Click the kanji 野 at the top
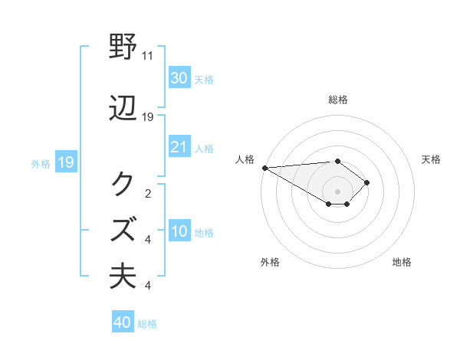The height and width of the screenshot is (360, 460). click(x=125, y=47)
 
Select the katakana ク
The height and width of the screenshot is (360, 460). click(x=125, y=184)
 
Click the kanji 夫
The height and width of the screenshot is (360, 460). click(x=125, y=274)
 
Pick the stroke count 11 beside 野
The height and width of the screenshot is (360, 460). click(x=148, y=56)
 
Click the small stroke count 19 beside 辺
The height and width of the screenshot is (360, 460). click(x=148, y=117)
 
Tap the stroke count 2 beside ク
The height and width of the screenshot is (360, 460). click(x=148, y=193)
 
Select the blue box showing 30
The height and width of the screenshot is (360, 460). click(x=179, y=78)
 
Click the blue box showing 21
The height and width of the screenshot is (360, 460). click(x=179, y=147)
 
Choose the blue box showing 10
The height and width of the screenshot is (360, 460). click(x=179, y=231)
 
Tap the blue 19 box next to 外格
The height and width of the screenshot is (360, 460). click(x=65, y=162)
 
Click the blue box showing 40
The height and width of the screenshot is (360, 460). click(x=122, y=322)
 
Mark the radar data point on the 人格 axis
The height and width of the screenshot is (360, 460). click(x=264, y=168)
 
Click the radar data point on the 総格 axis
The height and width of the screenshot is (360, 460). click(x=337, y=161)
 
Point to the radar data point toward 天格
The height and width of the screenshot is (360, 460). click(x=367, y=182)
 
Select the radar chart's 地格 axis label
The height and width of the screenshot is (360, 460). click(x=402, y=262)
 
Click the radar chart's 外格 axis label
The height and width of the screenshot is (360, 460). click(x=270, y=262)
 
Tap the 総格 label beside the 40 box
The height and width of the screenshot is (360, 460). click(x=148, y=324)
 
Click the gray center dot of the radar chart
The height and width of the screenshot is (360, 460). click(x=337, y=191)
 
